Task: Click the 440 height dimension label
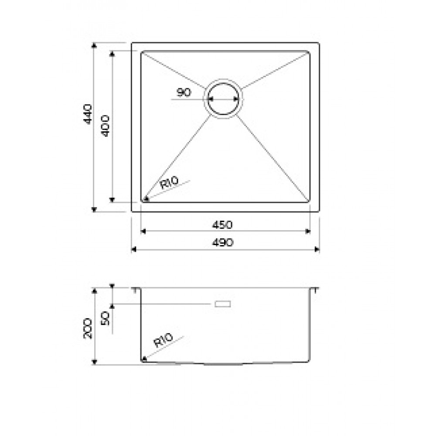pos(88,114)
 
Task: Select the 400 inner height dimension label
pos(106,126)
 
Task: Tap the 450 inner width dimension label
pos(222,225)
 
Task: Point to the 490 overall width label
pos(222,242)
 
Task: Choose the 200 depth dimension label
pos(88,328)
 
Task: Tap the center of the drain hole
pos(223,99)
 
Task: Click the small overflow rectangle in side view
pos(222,304)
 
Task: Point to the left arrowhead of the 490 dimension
pos(133,249)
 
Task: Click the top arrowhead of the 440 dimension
pos(94,45)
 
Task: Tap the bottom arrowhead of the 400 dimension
pos(112,200)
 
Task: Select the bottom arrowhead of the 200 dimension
pos(94,362)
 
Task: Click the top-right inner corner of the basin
pos(309,52)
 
